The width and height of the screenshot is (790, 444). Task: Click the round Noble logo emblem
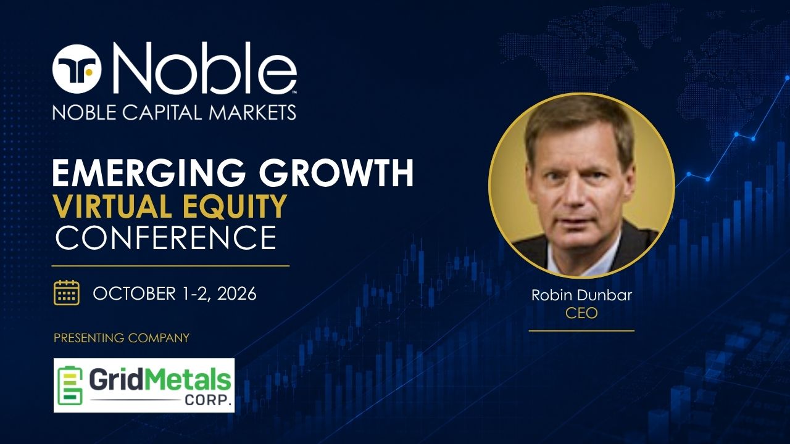coord(77,69)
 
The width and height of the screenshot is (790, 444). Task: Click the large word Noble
coord(204,68)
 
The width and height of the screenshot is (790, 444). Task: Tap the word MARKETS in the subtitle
coord(252,112)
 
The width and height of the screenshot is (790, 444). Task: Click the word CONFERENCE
coord(166,238)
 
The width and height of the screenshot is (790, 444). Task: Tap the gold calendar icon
coord(67,293)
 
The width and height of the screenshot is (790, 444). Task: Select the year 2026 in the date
coord(236,294)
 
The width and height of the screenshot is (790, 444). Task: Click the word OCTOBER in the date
coord(134,294)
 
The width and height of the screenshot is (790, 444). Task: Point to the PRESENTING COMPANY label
coord(122,338)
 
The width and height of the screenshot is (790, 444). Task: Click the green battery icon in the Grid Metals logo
coord(70,386)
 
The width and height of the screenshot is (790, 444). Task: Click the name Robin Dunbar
coord(581,295)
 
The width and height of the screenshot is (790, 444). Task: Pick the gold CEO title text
coord(581,313)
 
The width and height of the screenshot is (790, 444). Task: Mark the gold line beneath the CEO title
coord(581,331)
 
